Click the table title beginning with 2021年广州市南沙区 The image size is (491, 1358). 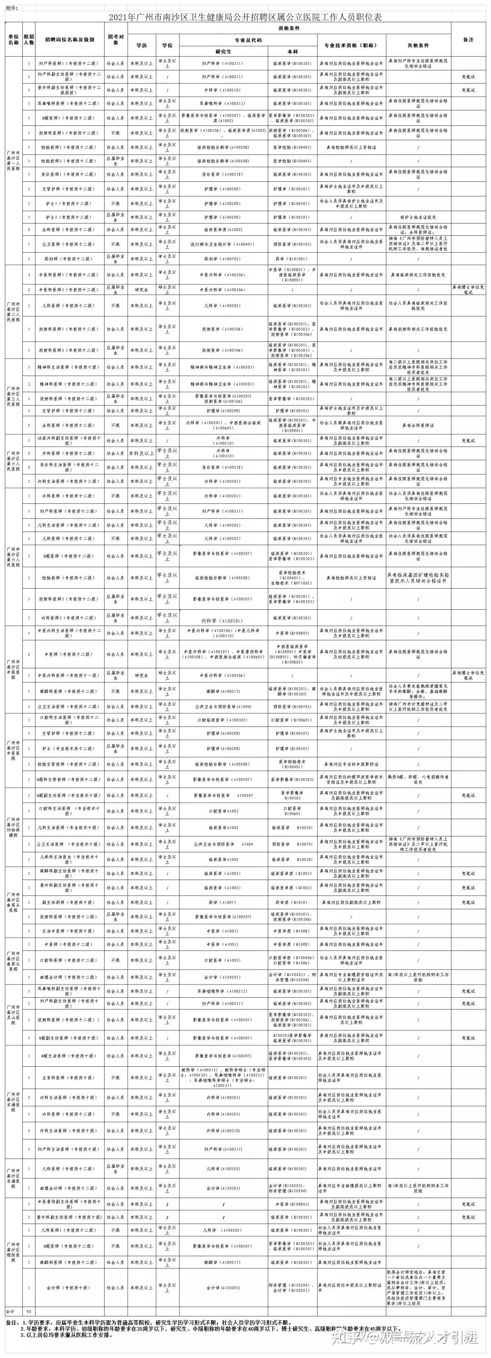tap(245, 17)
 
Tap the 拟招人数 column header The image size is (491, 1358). tap(29, 40)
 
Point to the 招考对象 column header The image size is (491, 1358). tap(115, 40)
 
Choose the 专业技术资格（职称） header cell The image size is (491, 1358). tap(351, 45)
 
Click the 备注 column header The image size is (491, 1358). tap(468, 40)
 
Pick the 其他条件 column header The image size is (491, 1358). tap(418, 45)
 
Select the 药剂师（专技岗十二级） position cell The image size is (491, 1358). tap(69, 259)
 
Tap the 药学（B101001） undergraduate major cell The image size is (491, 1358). tap(292, 259)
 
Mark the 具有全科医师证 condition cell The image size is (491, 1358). tap(418, 425)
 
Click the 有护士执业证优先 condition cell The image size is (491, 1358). tap(418, 217)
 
